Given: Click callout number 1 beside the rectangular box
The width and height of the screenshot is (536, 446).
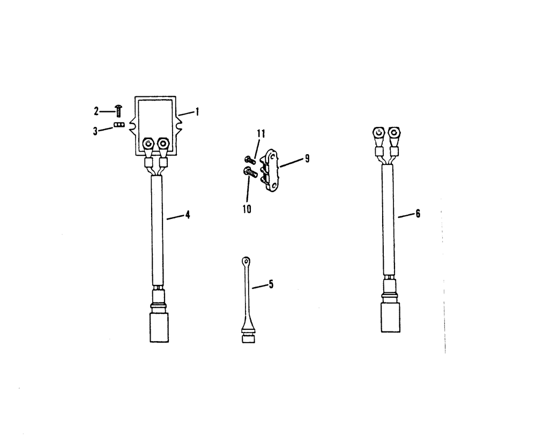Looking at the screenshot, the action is click(197, 112).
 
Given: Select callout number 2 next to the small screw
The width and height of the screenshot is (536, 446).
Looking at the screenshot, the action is click(96, 111).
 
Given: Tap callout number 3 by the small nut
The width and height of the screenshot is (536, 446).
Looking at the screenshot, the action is click(95, 131).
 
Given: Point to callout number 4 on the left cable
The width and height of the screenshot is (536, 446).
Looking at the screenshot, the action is click(187, 215).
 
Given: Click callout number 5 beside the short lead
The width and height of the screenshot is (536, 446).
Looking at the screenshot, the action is click(271, 284).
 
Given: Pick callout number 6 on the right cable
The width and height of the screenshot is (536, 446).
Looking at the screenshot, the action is click(418, 214).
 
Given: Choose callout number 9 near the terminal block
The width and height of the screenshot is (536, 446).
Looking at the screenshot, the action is click(307, 158).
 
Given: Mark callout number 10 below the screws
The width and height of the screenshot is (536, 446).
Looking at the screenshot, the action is click(247, 209).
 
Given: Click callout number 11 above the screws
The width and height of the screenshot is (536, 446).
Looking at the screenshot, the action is click(261, 133).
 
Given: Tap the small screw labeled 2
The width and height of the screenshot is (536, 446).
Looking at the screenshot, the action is click(118, 111).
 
